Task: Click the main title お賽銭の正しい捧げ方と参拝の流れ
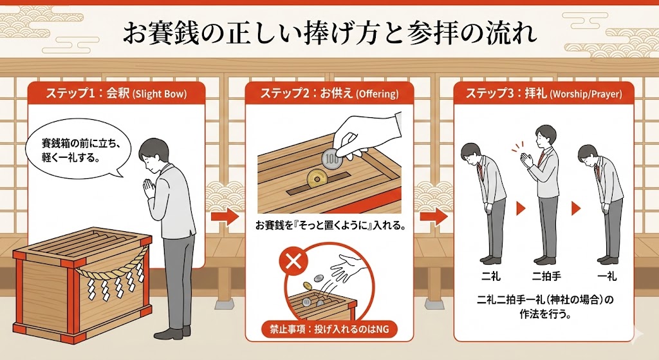coord(329,33)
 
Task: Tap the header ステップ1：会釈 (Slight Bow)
coord(116,93)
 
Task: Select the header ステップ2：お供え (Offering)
coord(329,93)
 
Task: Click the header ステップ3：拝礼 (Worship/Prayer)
coord(544,93)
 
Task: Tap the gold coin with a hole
coord(317,176)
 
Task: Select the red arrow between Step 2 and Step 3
coord(437,216)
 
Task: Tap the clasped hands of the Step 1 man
coord(149,188)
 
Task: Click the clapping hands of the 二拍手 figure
coord(529,158)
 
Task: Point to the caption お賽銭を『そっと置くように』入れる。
coord(329,227)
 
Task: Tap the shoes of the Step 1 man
coord(169,334)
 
